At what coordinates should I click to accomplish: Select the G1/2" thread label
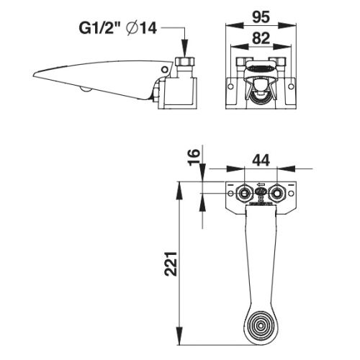pos(102,30)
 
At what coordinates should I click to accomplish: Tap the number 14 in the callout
pos(149,30)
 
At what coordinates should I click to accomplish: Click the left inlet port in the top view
pos(246,193)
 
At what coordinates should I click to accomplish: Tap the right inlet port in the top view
pos(278,193)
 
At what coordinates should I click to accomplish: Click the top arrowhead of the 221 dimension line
pos(180,186)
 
